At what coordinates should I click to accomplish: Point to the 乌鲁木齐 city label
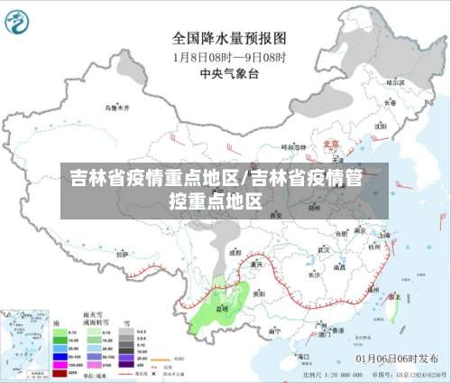[117, 107]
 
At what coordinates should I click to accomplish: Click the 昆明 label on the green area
[223, 309]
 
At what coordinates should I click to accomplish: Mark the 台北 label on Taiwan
[394, 295]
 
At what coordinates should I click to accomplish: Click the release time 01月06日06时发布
[396, 359]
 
